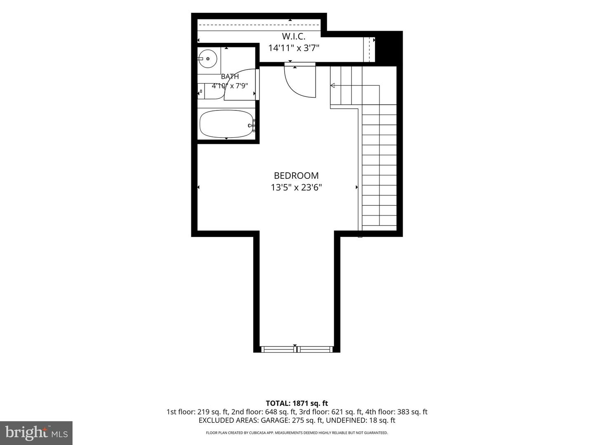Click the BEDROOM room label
pyautogui.click(x=296, y=176)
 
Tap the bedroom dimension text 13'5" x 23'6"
pyautogui.click(x=296, y=187)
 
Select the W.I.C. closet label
pyautogui.click(x=293, y=36)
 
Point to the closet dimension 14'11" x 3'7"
pyautogui.click(x=294, y=48)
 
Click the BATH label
pyautogui.click(x=230, y=77)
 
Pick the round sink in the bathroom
pyautogui.click(x=207, y=59)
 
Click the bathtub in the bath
pyautogui.click(x=226, y=124)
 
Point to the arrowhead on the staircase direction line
pyautogui.click(x=332, y=86)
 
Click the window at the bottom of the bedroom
pyautogui.click(x=297, y=349)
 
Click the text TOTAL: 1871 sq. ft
pyautogui.click(x=297, y=403)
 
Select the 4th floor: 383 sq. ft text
pyautogui.click(x=396, y=412)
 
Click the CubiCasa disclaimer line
pyautogui.click(x=297, y=433)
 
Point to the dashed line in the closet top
pyautogui.click(x=259, y=25)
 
